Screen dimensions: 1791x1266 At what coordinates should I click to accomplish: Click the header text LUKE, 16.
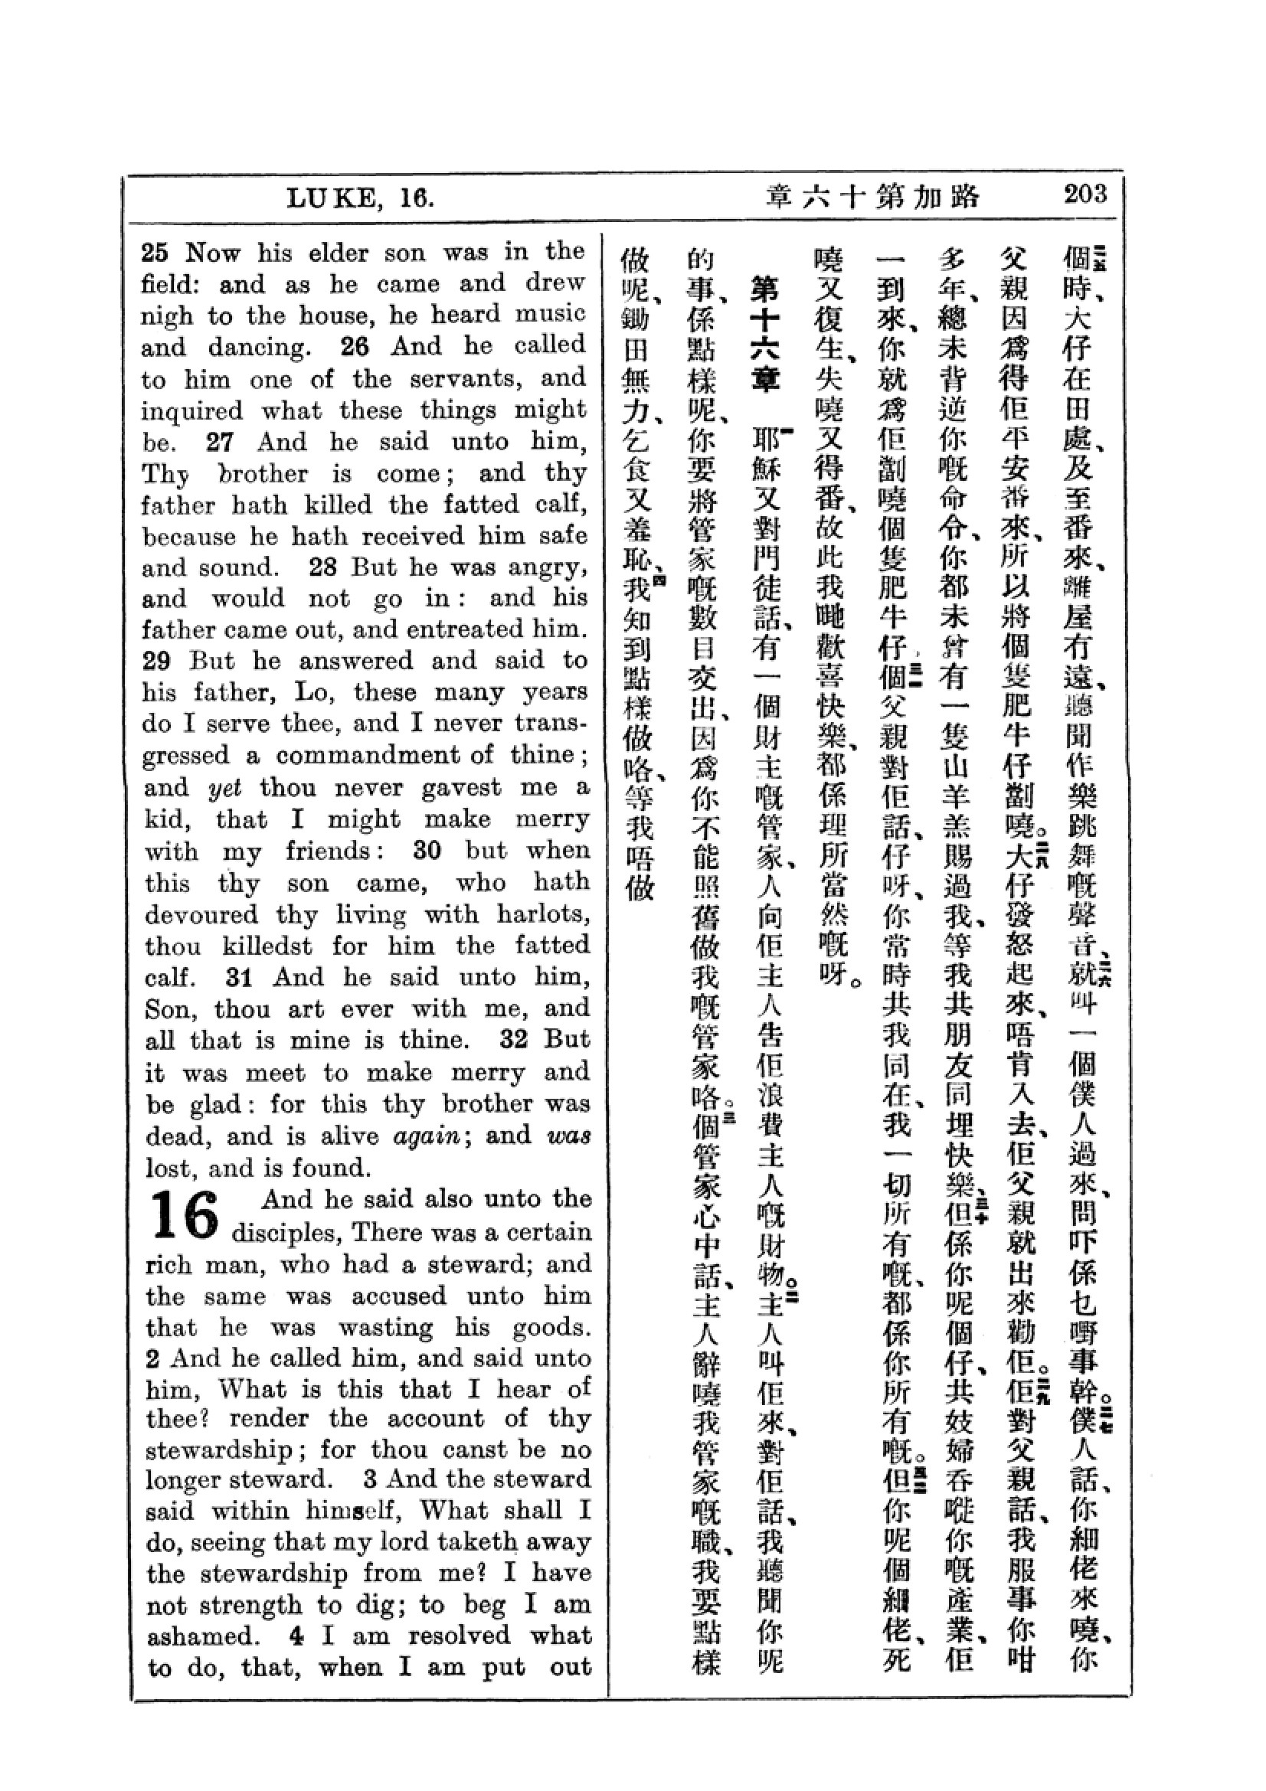tap(360, 198)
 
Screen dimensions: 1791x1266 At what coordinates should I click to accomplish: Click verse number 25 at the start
tap(155, 253)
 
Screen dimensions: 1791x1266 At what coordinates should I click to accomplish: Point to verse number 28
tap(322, 567)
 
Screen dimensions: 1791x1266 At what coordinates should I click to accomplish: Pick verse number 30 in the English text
tap(427, 849)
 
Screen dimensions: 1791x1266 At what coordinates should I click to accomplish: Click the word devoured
tap(201, 914)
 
